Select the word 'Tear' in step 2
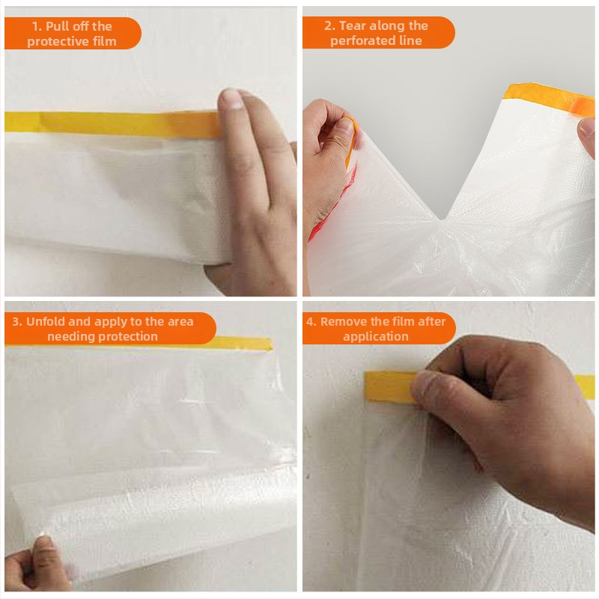click(352, 25)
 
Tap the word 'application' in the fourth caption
click(376, 336)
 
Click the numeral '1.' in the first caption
click(37, 26)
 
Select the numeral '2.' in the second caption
click(329, 25)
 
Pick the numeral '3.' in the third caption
click(17, 321)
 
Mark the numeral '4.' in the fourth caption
click(311, 321)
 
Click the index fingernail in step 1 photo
click(231, 100)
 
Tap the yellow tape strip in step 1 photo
click(111, 124)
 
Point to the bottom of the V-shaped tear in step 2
click(442, 219)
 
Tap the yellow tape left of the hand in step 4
click(389, 386)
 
